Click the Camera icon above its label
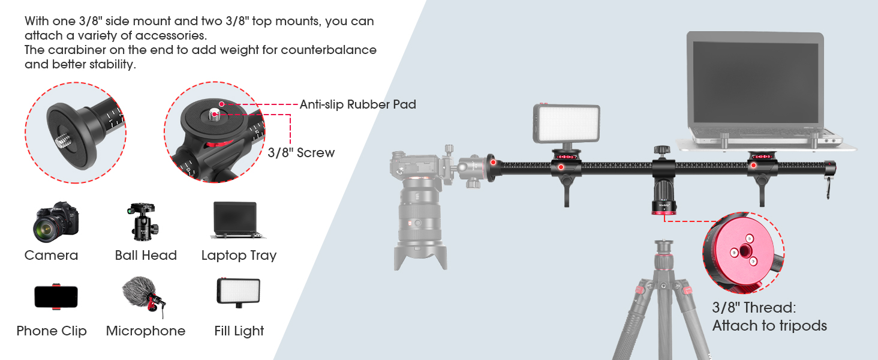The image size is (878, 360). (x=56, y=222)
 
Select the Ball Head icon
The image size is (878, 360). (x=143, y=221)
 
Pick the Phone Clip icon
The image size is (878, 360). (x=56, y=296)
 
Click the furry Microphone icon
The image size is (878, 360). (x=143, y=296)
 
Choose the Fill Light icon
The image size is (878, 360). (x=238, y=293)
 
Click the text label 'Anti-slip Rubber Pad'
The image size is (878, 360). (x=357, y=104)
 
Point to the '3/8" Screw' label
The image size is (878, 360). (x=301, y=152)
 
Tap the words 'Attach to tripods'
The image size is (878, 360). (x=769, y=326)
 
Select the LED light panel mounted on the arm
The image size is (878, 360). (x=566, y=123)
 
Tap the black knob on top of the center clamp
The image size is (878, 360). (x=662, y=150)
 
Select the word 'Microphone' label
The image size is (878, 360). (x=145, y=331)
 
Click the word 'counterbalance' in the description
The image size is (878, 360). (x=329, y=50)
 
